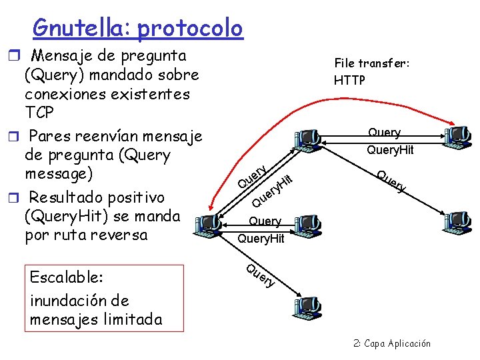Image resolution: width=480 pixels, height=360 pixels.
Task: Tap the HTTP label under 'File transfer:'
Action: point(349,80)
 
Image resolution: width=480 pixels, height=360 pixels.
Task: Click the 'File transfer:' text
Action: point(371,63)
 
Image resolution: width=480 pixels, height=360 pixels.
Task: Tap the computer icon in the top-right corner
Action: point(456,137)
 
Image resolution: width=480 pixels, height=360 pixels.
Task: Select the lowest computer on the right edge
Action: point(459,221)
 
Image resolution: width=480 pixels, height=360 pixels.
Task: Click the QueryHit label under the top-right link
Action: point(390,150)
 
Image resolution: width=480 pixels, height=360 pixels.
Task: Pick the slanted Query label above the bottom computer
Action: point(260,276)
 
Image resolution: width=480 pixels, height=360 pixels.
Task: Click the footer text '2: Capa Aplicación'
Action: point(392,343)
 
